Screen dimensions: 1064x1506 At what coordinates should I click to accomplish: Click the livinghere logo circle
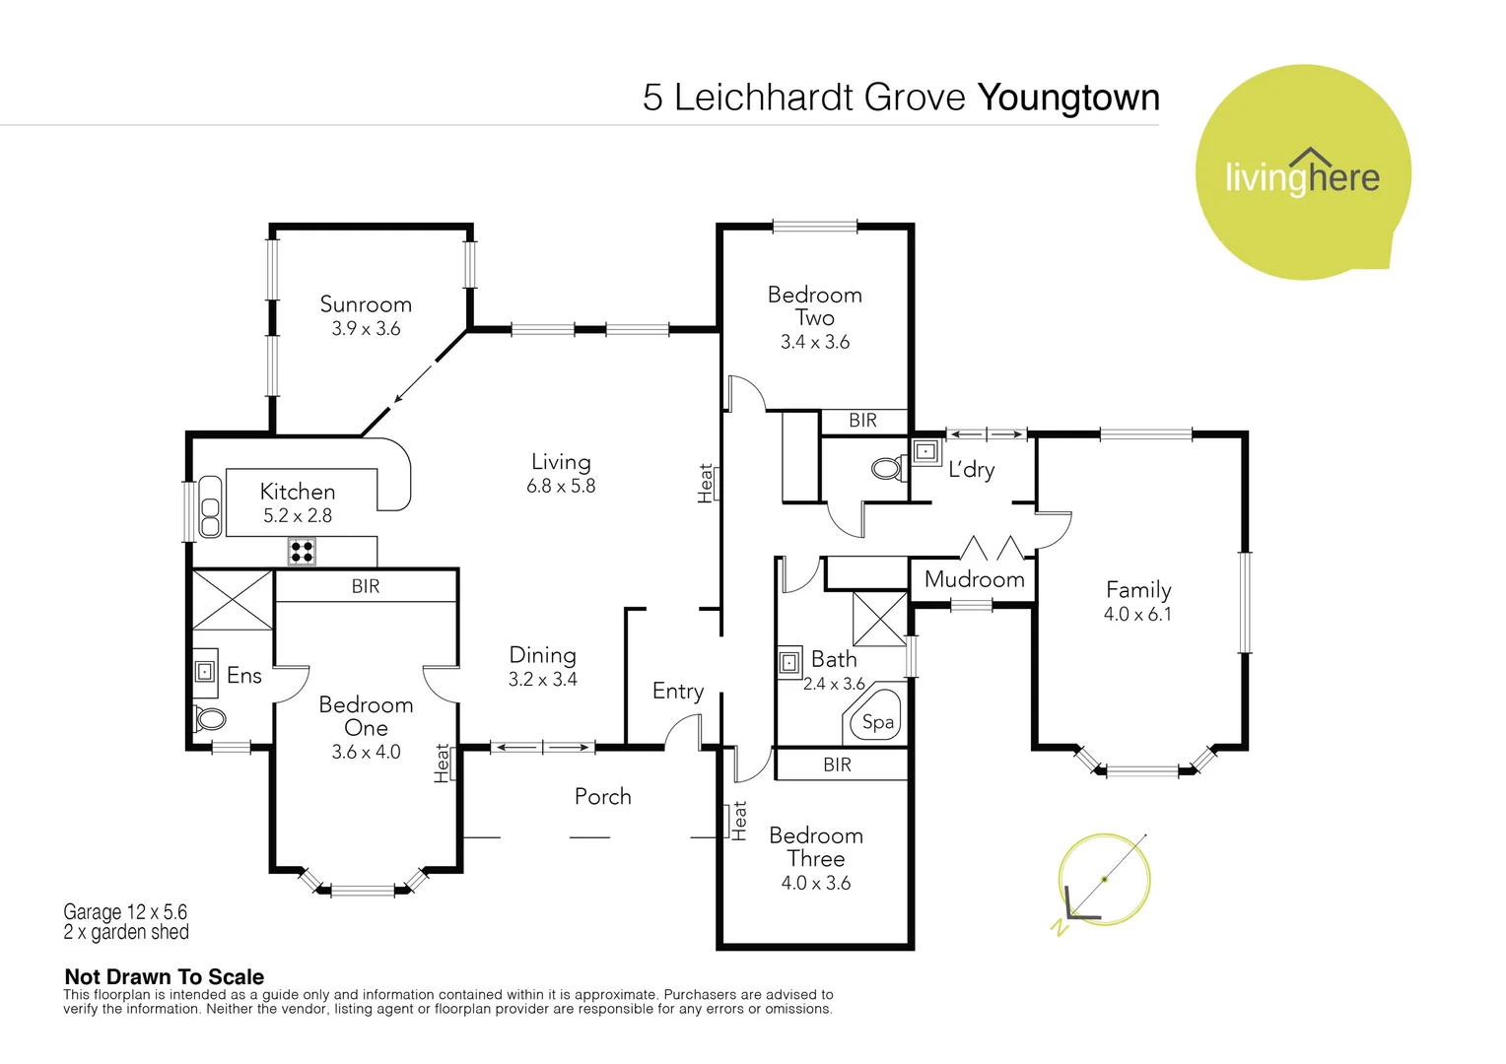click(1302, 173)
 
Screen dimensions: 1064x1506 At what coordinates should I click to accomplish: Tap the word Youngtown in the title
click(1068, 98)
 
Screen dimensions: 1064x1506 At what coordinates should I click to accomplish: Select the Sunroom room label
click(366, 304)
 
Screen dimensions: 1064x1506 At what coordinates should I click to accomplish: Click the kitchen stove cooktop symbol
click(302, 551)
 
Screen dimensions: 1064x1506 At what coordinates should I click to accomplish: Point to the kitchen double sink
click(210, 506)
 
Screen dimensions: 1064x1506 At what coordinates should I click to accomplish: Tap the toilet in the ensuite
click(210, 718)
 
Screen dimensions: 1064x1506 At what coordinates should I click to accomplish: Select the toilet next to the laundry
click(888, 468)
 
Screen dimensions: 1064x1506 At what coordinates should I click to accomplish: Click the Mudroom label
click(974, 579)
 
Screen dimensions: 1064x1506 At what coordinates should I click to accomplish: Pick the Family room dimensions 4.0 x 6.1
click(1137, 614)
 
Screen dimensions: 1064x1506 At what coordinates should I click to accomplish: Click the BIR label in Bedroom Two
click(862, 421)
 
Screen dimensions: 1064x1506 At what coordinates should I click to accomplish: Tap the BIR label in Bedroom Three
click(837, 765)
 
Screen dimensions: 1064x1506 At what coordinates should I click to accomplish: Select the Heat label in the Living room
click(706, 484)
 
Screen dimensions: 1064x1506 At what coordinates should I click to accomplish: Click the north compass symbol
click(1103, 880)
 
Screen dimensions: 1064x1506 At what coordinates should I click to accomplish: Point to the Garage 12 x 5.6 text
click(125, 911)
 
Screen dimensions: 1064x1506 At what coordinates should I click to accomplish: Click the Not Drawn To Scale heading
click(164, 976)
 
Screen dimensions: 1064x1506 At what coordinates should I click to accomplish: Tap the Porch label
click(602, 796)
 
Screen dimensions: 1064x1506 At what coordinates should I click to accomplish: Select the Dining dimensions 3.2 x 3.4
click(542, 679)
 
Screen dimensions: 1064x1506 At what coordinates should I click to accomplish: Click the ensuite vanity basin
click(204, 671)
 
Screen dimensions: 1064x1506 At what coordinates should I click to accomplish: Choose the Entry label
click(677, 691)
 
